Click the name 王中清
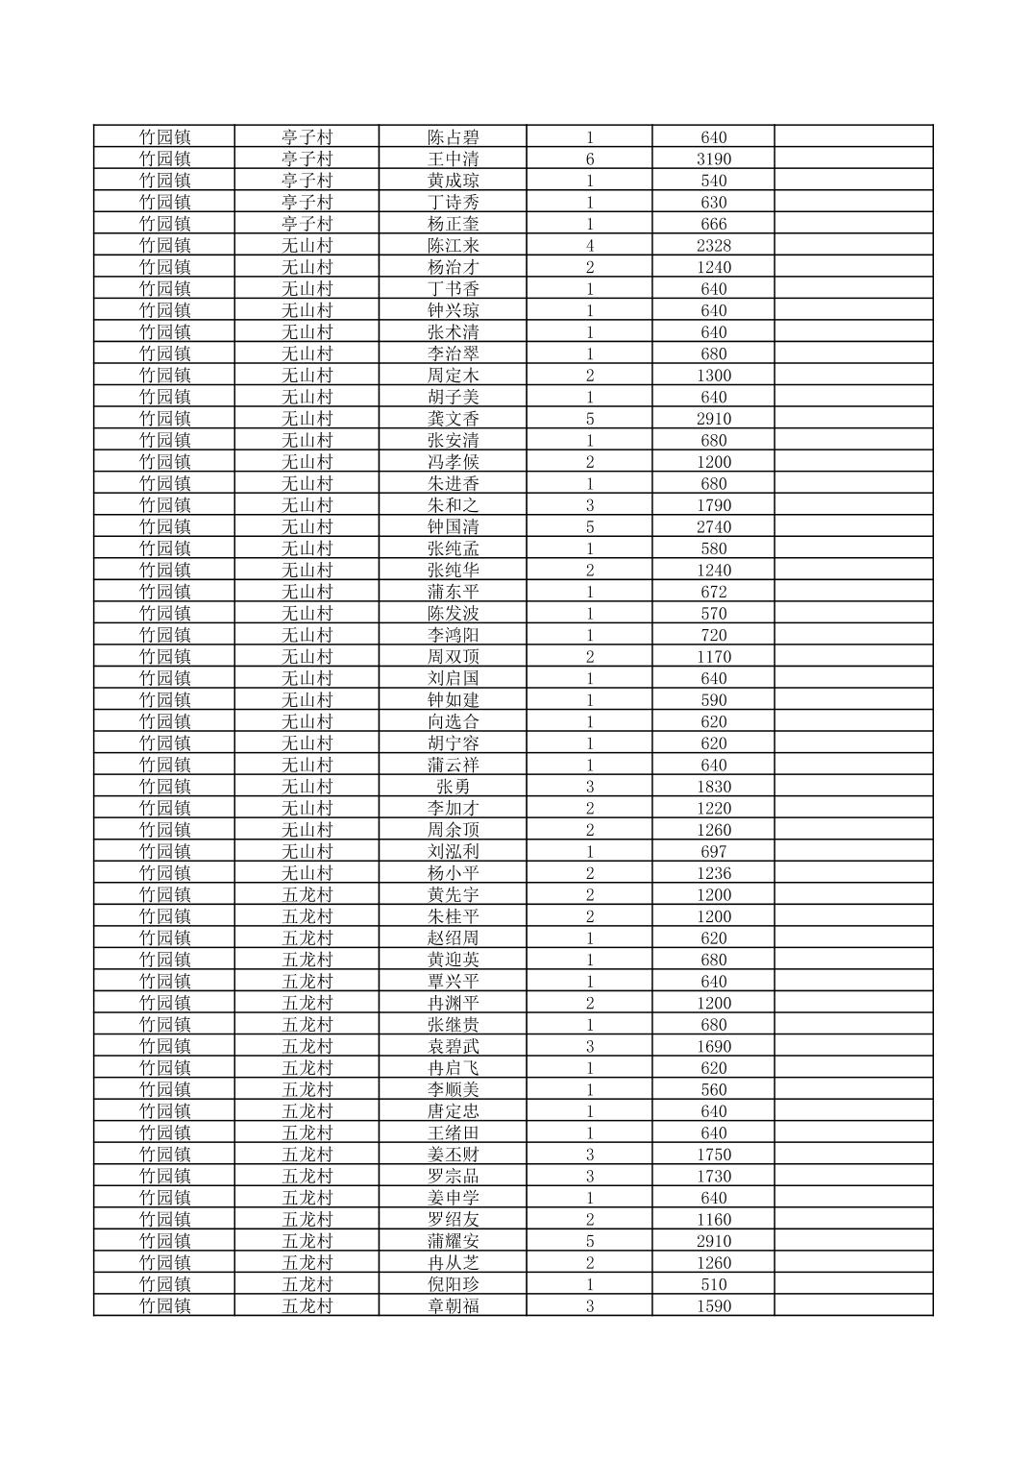click(x=453, y=158)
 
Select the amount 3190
click(x=713, y=158)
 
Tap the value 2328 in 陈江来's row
click(x=713, y=245)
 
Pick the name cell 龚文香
click(x=453, y=419)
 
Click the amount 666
click(x=713, y=224)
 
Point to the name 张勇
click(x=453, y=787)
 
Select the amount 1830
click(x=713, y=787)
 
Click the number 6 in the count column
click(x=589, y=158)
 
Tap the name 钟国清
click(x=453, y=526)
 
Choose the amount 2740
click(x=713, y=526)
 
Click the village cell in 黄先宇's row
click(x=307, y=894)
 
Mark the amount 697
click(x=713, y=851)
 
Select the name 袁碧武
click(x=453, y=1046)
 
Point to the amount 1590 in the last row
click(x=713, y=1305)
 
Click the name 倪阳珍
click(x=453, y=1284)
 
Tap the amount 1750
click(x=713, y=1155)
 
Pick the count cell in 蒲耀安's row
click(x=589, y=1241)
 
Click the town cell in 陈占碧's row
click(x=164, y=137)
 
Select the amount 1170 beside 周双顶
click(x=713, y=657)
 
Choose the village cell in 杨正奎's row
click(x=307, y=224)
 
